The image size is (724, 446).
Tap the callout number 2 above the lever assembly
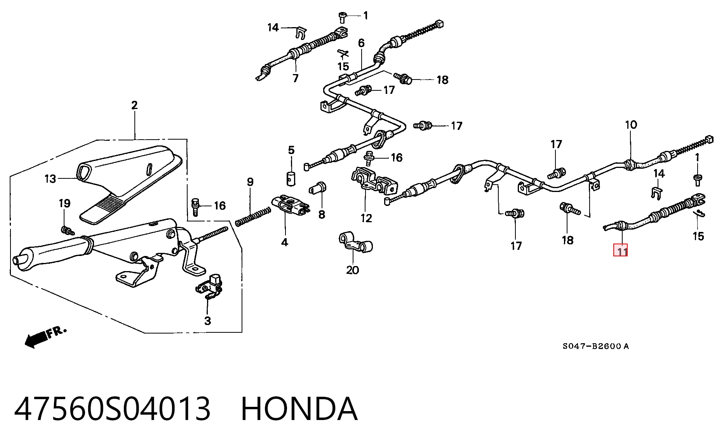tap(134, 105)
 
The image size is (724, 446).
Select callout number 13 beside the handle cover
tap(50, 179)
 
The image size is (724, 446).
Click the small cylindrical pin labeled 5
tap(291, 178)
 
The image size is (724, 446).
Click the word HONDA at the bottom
tap(299, 409)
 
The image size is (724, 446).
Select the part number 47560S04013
tap(113, 409)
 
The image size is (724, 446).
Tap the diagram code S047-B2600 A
tap(596, 346)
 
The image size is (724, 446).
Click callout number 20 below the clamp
tap(353, 270)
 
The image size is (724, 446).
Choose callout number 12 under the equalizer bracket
tap(366, 218)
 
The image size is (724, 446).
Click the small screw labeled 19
tap(68, 230)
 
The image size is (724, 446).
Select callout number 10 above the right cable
tap(631, 125)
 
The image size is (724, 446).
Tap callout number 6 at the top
tap(361, 43)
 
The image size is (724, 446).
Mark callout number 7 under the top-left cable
tap(296, 78)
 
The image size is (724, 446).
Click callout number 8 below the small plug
tap(322, 214)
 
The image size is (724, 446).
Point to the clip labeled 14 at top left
tap(300, 33)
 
